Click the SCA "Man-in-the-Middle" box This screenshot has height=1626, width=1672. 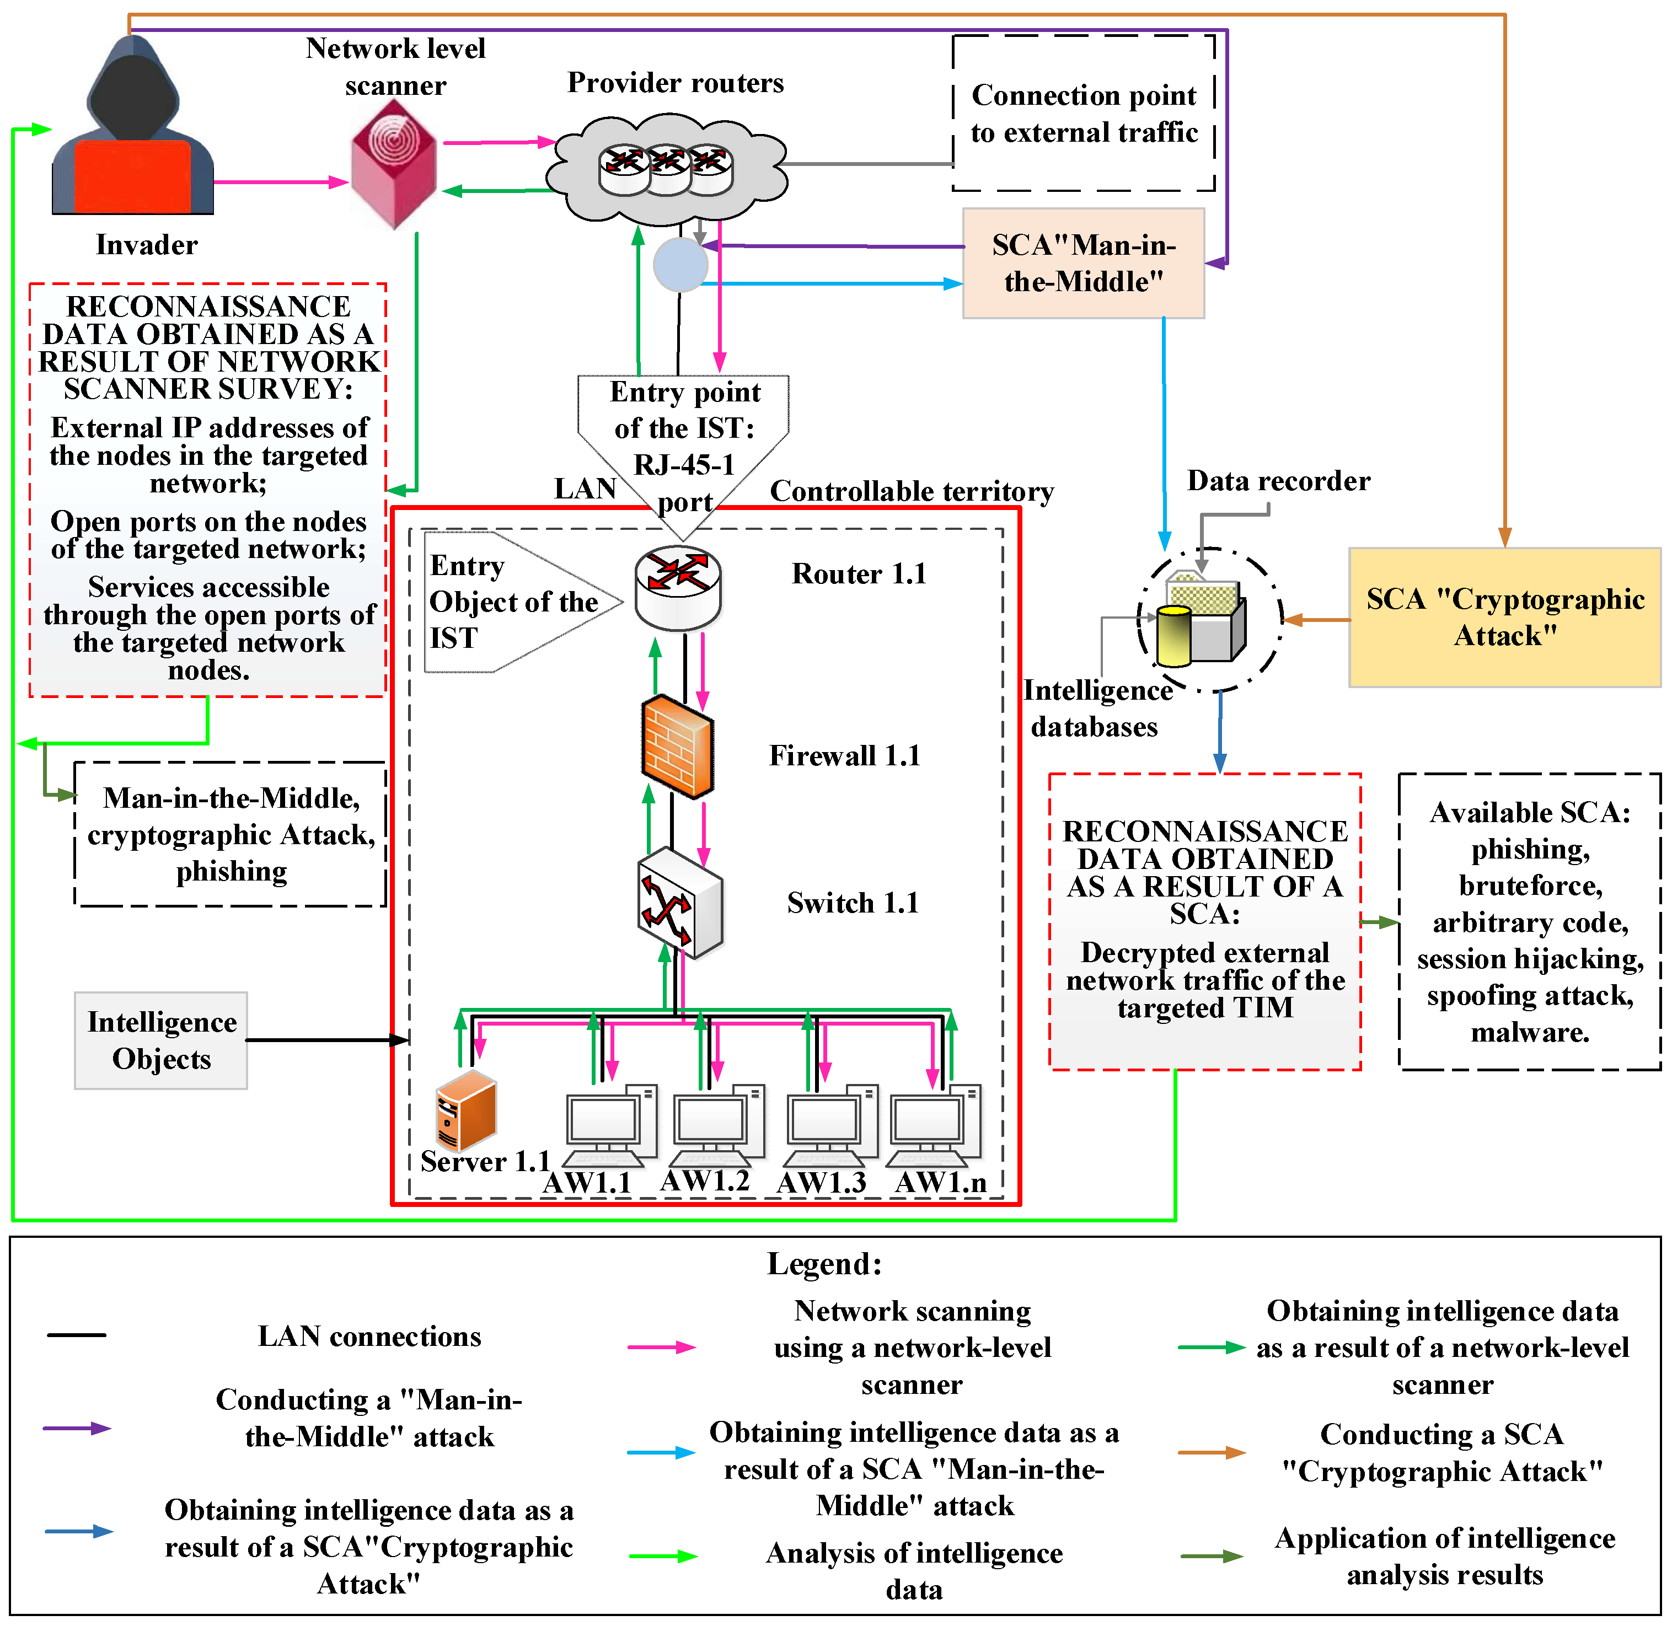click(1083, 263)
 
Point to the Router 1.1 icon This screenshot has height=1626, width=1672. click(678, 588)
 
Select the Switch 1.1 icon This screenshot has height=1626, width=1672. click(680, 902)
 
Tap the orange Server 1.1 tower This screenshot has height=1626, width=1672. click(465, 1109)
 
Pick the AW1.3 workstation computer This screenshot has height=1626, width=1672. click(829, 1125)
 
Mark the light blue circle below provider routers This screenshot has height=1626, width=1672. click(680, 266)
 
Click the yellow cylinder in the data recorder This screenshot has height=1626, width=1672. click(1173, 636)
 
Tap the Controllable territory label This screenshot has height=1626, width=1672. click(911, 491)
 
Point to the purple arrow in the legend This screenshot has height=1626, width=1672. click(77, 1428)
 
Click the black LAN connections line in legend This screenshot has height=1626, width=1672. click(76, 1335)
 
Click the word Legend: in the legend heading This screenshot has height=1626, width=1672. click(823, 1263)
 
